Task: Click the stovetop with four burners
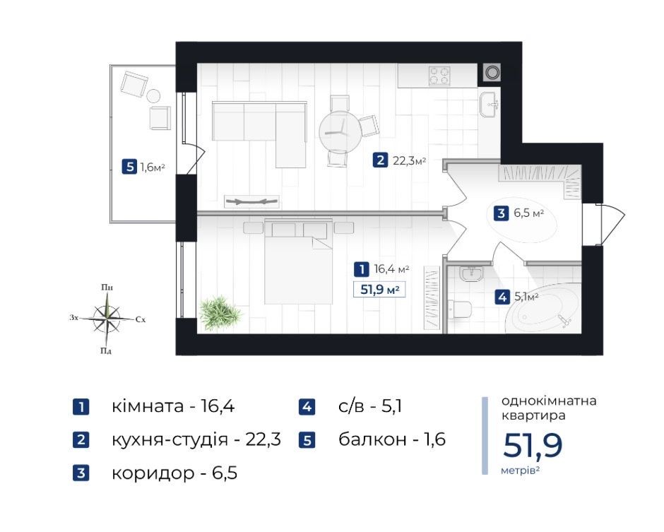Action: point(439,77)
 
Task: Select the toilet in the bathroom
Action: point(460,309)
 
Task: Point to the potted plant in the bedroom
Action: point(220,313)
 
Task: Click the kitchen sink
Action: point(490,104)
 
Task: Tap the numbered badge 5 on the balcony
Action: point(129,167)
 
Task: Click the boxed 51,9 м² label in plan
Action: point(379,290)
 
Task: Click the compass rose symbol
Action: point(107,319)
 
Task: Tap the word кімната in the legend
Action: point(148,406)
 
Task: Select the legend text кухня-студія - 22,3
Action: point(196,439)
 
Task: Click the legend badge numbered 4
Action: point(307,407)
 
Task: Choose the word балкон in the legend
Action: point(372,439)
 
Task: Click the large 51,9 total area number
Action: point(533,445)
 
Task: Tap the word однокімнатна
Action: point(549,401)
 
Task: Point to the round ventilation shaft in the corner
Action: point(492,73)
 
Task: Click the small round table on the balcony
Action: point(153,97)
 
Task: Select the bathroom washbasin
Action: point(470,273)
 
